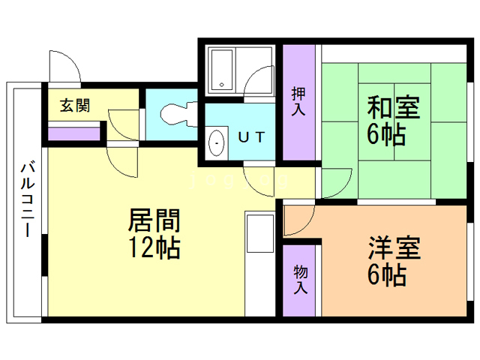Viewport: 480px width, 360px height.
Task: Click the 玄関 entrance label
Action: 75,106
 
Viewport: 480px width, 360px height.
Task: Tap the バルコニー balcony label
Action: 26,198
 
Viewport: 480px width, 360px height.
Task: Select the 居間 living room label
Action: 154,220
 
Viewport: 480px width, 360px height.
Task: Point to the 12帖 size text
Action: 154,247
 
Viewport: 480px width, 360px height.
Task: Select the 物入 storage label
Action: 299,278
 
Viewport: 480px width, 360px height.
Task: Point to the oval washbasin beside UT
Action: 216,142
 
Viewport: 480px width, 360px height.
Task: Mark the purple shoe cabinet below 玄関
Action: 74,134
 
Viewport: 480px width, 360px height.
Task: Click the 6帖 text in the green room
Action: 387,136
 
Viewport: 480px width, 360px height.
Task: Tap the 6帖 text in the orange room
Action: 387,274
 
